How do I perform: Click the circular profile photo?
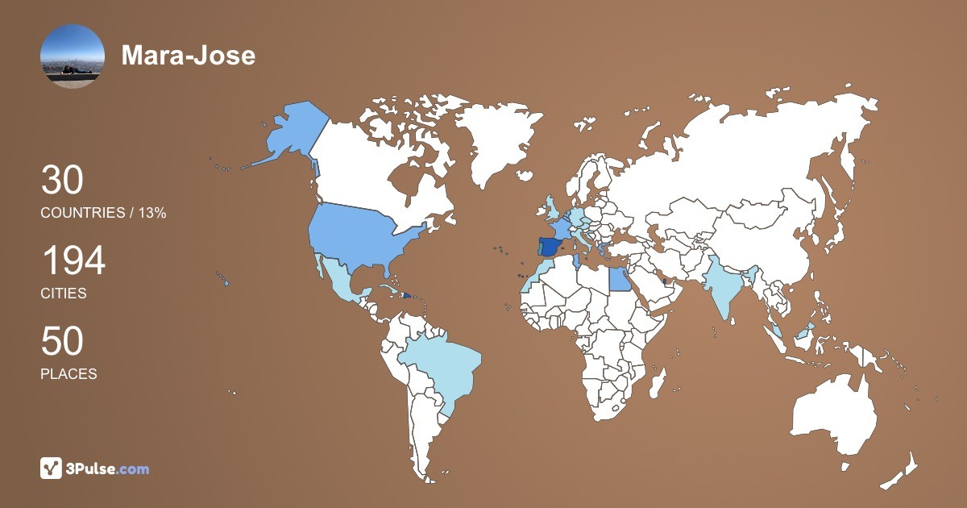click(72, 56)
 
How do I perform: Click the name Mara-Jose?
click(188, 56)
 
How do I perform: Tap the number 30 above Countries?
click(62, 181)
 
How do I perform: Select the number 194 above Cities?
click(73, 261)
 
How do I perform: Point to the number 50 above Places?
click(62, 342)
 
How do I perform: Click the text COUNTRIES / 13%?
click(103, 213)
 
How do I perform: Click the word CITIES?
click(64, 294)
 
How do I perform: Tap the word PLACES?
click(68, 374)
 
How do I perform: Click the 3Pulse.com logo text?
click(107, 468)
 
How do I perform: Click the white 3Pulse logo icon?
click(51, 468)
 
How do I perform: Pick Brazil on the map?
click(439, 371)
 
